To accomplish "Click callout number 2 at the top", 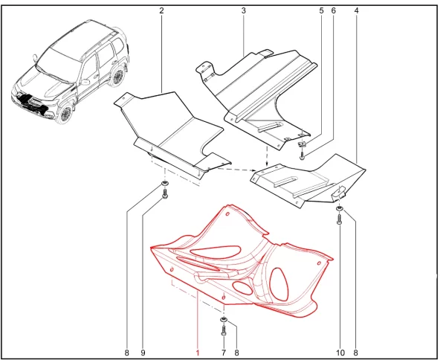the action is coord(161,11).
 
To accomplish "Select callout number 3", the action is coord(244,11).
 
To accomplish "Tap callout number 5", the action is coord(321,11).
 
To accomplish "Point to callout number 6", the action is coord(333,11).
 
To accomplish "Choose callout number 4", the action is coord(356,11).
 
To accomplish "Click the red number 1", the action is coord(198,353).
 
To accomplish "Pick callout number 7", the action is coord(224,353).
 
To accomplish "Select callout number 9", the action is coord(143,353).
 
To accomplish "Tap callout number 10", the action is coord(340,353).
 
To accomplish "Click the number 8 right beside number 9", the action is coord(127,353).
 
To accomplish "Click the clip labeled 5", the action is coord(303,144).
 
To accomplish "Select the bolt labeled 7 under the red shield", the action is coord(224,330).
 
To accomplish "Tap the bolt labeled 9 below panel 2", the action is coord(165,194).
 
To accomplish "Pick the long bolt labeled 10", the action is coord(340,219).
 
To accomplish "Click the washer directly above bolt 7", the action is coord(224,321).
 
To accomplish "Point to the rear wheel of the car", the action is coord(117,77).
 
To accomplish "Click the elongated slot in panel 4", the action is coord(285,181).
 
